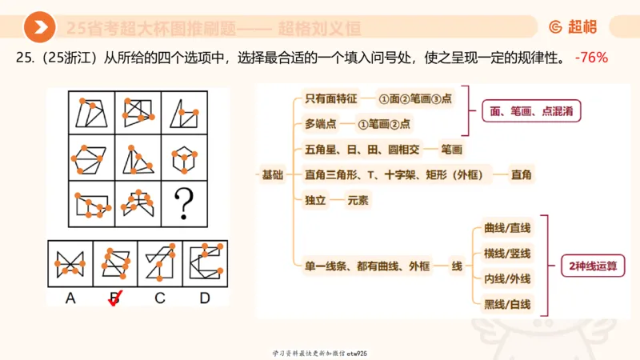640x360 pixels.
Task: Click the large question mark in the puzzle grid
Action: pos(185,202)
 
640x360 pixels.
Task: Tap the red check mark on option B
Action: pos(115,298)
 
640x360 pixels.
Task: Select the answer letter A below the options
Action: pos(70,298)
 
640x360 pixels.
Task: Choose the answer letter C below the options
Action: pos(160,298)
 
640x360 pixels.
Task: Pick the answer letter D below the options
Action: pos(205,298)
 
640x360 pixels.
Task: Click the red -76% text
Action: pos(591,58)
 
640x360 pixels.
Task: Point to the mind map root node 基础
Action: pos(272,174)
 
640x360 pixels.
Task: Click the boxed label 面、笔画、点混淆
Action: pos(530,112)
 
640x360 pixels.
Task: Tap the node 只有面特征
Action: pos(327,100)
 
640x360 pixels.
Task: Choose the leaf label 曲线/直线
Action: pos(502,228)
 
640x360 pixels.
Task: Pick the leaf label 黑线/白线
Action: pos(502,304)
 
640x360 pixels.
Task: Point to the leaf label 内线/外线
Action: pos(502,278)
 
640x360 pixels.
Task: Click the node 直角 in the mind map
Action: pos(522,174)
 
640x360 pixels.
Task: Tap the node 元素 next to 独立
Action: pos(358,200)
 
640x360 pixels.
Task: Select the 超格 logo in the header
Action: pos(573,27)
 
